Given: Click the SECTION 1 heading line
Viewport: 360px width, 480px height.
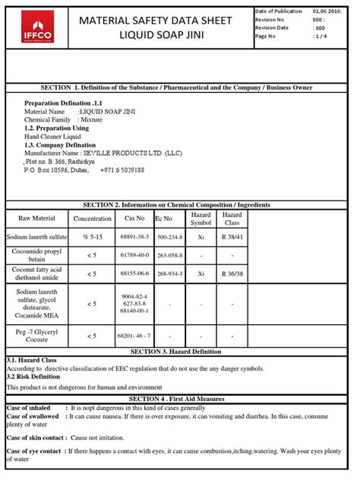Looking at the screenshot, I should (x=180, y=88).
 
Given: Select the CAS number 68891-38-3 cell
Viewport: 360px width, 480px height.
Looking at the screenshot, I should (x=134, y=237).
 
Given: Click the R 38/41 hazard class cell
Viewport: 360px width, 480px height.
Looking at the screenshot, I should (x=232, y=237).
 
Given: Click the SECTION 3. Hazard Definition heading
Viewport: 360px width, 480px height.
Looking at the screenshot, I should (x=180, y=352).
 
